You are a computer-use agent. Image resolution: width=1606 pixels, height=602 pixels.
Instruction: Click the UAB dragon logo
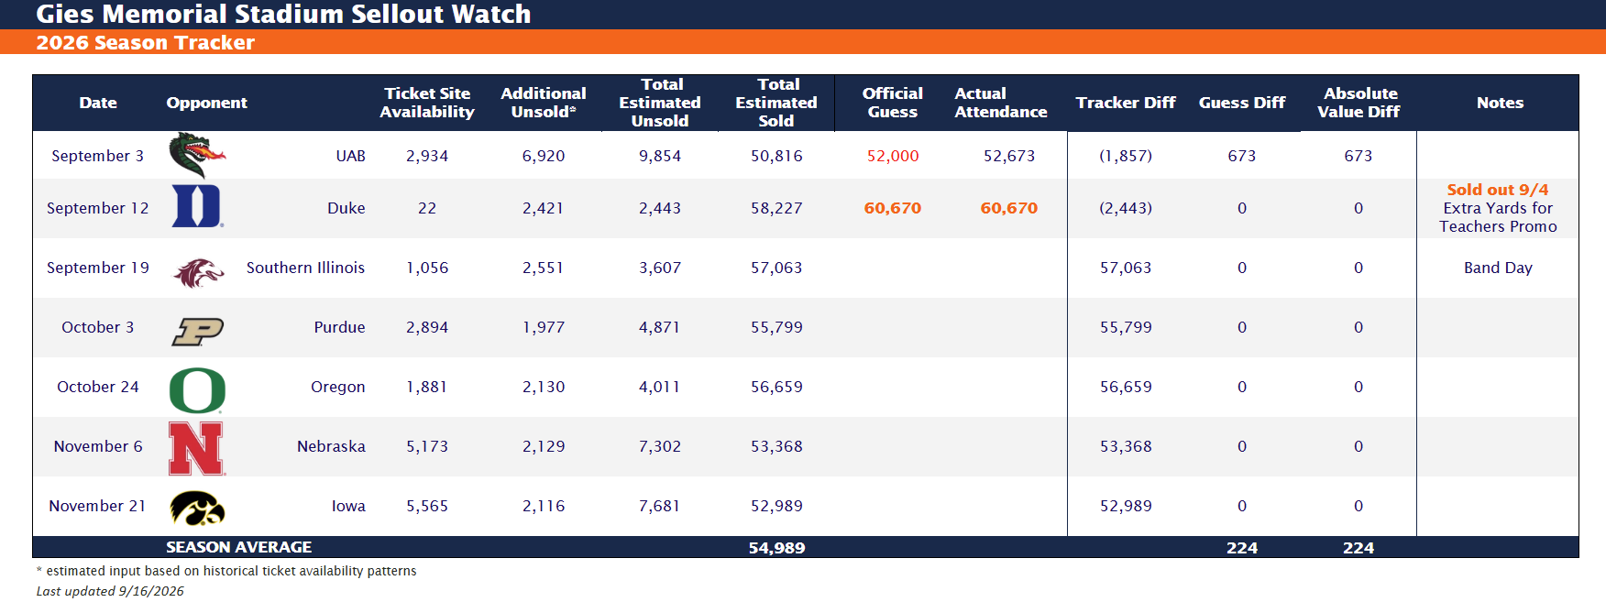(x=197, y=155)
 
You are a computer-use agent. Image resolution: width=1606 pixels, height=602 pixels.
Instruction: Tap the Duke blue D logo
(x=197, y=206)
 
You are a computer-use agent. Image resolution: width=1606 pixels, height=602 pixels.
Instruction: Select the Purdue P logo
(x=197, y=331)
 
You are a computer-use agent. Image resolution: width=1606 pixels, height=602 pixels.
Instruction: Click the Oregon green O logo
(x=197, y=390)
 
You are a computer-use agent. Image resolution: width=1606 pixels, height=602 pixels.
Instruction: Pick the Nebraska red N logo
(x=197, y=448)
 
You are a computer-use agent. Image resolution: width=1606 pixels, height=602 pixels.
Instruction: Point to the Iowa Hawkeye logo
(x=197, y=508)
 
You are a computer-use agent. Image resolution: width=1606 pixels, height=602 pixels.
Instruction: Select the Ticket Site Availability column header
(x=427, y=103)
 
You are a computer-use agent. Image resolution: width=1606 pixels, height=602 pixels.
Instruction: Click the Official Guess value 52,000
(x=893, y=156)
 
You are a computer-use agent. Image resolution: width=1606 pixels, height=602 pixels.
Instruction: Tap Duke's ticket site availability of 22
(x=427, y=208)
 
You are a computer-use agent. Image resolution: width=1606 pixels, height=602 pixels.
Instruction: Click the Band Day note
(x=1498, y=268)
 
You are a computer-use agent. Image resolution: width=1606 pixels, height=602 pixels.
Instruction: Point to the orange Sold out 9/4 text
(x=1498, y=190)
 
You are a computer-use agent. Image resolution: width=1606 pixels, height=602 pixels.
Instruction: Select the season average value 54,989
(x=776, y=548)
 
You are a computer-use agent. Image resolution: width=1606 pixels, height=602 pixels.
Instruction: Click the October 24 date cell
(x=98, y=387)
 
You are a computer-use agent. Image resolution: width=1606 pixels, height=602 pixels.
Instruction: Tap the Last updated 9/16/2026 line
(x=110, y=591)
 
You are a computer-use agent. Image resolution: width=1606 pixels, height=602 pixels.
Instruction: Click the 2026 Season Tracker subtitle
(x=146, y=42)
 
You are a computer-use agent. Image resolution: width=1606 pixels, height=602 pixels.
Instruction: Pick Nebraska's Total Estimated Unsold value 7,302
(x=660, y=446)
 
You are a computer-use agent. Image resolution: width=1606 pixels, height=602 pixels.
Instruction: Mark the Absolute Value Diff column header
(x=1358, y=103)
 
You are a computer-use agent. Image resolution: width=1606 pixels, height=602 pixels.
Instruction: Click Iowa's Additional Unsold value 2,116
(x=544, y=506)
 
